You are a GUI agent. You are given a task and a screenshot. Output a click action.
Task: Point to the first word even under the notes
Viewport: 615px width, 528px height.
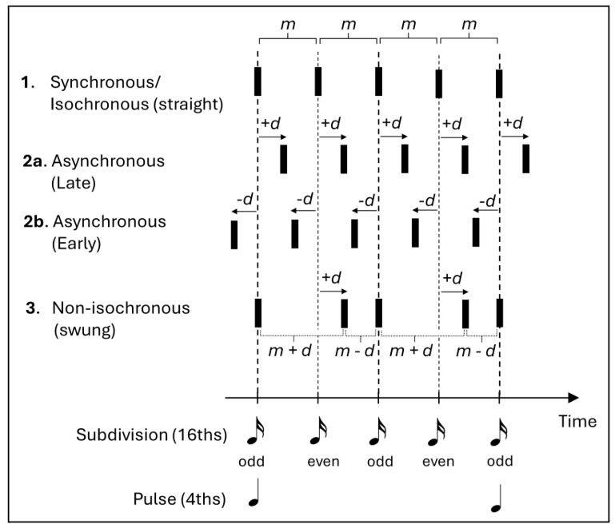pos(318,461)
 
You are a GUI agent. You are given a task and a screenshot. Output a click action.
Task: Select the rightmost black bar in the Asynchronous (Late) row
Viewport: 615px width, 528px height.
pos(525,159)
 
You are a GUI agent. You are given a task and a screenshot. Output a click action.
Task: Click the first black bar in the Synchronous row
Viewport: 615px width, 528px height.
pos(258,81)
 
